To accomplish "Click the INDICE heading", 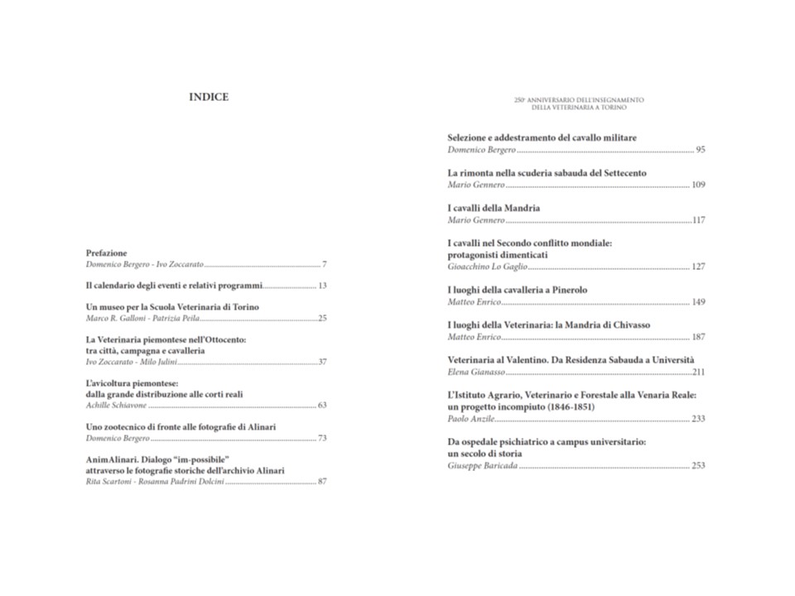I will point(209,97).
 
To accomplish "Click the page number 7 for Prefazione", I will point(325,264).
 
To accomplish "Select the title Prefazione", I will point(107,252).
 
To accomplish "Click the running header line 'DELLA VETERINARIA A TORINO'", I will point(579,108).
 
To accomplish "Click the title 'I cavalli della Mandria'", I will point(494,208).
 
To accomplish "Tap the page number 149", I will point(698,302).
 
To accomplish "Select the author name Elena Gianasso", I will point(475,372).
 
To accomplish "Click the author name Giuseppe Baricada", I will point(482,466).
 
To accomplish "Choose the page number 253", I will point(698,466).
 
